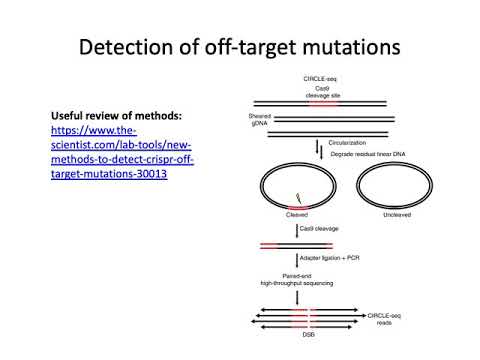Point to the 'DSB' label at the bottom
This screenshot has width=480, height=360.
click(297, 334)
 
